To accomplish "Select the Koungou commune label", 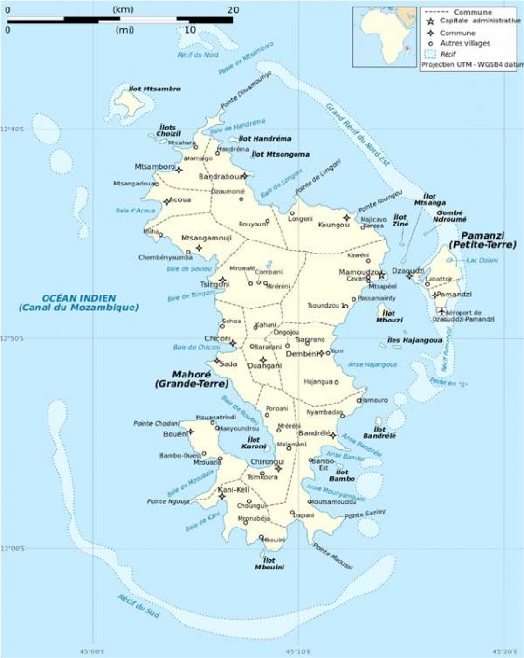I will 332,225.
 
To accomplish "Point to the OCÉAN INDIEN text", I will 77,296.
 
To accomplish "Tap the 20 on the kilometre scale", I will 232,9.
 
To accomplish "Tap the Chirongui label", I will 267,462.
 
